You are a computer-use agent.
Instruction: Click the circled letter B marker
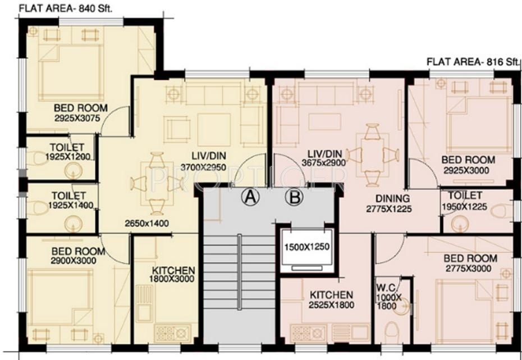(294, 197)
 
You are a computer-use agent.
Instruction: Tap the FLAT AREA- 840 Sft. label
(66, 8)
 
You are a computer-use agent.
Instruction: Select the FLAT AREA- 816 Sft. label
(473, 62)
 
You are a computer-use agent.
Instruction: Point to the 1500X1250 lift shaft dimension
(306, 247)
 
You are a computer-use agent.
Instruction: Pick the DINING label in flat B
(392, 199)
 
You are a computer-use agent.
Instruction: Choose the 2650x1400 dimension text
(147, 223)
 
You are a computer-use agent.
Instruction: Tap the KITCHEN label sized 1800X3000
(173, 270)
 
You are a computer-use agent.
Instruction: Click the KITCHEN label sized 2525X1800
(331, 295)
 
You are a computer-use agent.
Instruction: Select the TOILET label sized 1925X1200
(67, 147)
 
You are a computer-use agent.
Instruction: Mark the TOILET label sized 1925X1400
(69, 196)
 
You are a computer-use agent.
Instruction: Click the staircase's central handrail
(239, 272)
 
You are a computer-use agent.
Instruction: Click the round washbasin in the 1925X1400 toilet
(74, 224)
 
